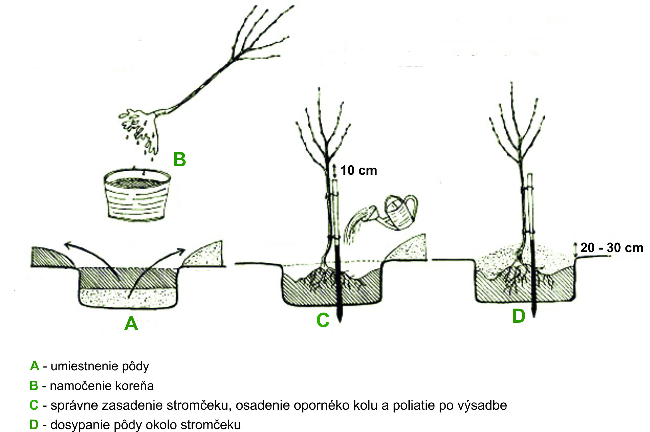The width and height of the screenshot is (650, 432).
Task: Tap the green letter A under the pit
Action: pos(131,324)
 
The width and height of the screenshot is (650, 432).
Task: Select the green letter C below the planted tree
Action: pos(323,320)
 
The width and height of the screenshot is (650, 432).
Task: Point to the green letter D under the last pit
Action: pos(519,316)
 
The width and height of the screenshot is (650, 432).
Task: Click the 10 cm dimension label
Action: pos(359,170)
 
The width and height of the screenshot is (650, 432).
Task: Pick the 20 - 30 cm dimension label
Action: pos(612,248)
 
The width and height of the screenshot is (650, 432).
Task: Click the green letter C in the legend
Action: pos(34,405)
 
